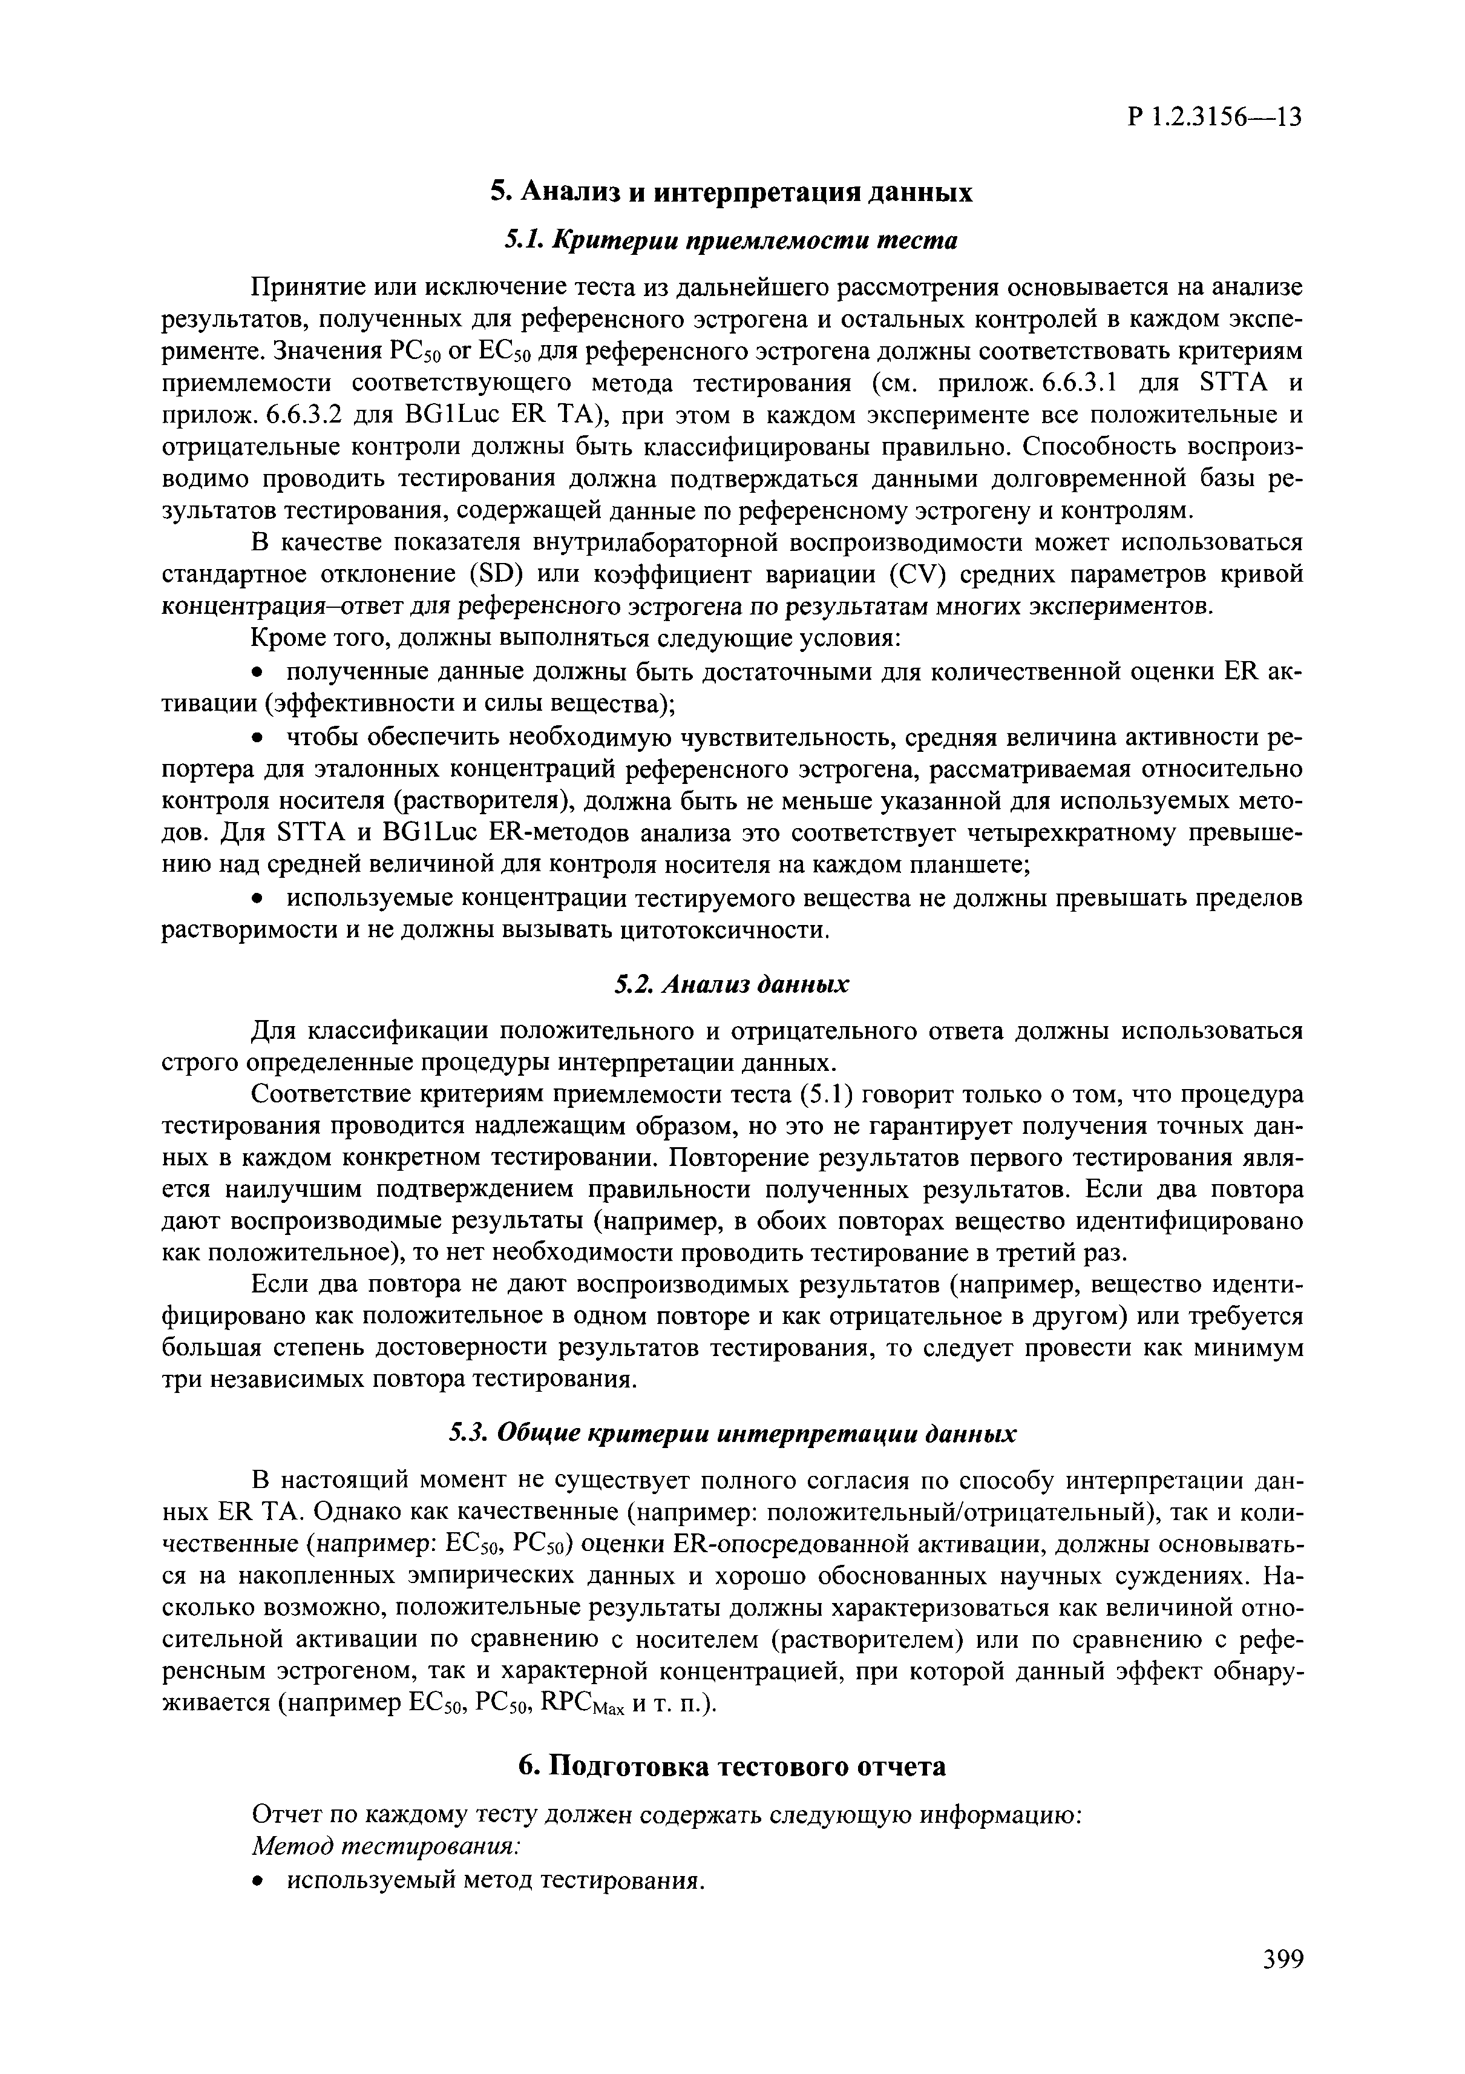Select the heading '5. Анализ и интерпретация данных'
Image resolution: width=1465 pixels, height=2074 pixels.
click(x=732, y=193)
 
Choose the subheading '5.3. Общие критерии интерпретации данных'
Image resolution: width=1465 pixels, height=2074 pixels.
click(x=732, y=1434)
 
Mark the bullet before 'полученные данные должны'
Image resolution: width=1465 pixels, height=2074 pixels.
click(x=258, y=672)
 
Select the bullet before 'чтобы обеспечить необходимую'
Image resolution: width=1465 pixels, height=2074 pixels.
click(x=258, y=738)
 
